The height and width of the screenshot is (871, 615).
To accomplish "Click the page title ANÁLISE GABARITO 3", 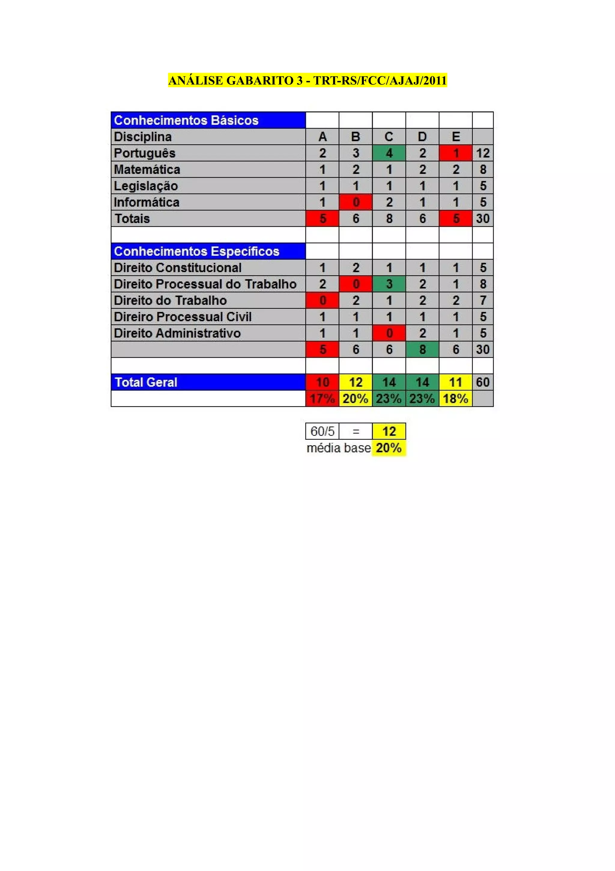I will coord(307,81).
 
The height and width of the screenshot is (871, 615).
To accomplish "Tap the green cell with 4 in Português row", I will coord(389,153).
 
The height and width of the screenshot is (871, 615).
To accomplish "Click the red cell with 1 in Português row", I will coord(456,153).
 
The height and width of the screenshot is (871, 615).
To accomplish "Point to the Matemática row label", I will coord(147,170).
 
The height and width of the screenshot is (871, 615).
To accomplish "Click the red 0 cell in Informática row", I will coord(356,202).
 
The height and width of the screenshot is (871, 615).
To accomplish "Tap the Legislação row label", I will coord(146,186).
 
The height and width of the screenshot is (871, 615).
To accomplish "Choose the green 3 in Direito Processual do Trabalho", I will coord(389,284).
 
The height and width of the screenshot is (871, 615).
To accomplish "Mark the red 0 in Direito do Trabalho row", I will coord(323,301).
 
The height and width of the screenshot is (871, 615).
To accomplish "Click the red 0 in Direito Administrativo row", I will coord(389,333).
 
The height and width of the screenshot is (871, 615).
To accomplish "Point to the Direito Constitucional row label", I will coord(177,268).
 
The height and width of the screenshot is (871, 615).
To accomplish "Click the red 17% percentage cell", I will coord(323,398).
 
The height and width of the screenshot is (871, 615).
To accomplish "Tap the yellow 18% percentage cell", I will coord(456,398).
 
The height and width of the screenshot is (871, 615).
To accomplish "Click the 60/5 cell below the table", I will coord(323,431).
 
